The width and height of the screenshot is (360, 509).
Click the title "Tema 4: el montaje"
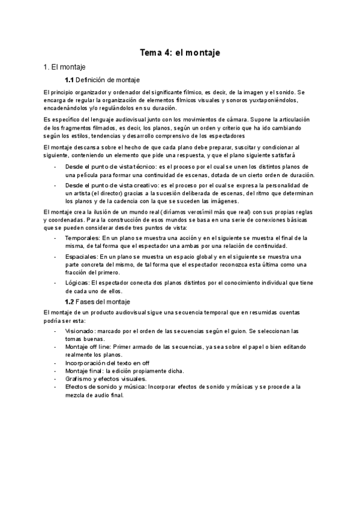pos(180,53)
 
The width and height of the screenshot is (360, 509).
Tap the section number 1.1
pos(69,80)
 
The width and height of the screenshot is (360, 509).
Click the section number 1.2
pos(69,301)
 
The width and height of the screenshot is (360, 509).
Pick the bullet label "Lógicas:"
pos(76,282)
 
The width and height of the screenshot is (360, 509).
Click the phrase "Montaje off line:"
pos(88,347)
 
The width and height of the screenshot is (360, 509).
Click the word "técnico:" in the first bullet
pos(140,166)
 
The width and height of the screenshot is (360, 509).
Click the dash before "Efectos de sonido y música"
pos(55,387)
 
